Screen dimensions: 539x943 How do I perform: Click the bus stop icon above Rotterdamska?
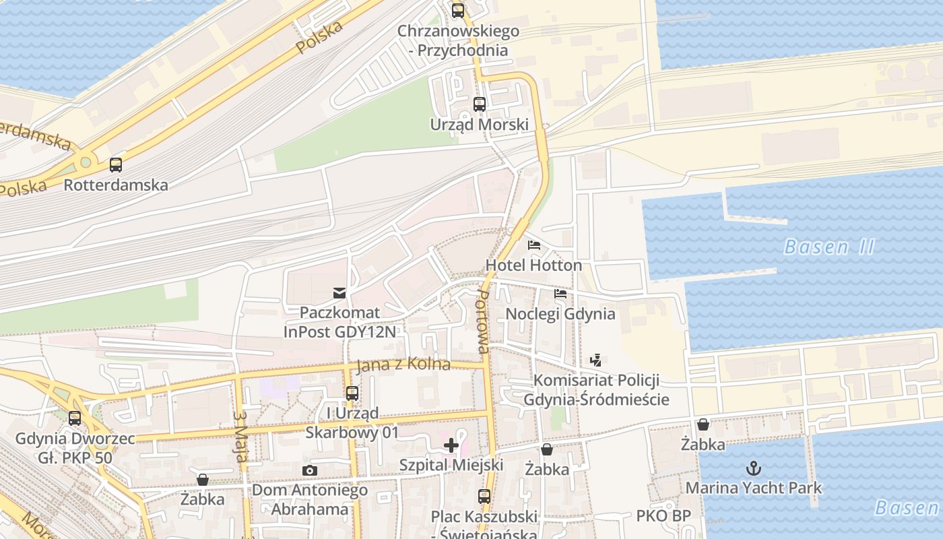[116, 164]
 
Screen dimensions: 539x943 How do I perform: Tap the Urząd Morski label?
[479, 125]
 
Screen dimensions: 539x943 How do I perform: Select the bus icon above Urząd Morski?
[479, 104]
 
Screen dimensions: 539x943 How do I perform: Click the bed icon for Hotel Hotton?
[534, 245]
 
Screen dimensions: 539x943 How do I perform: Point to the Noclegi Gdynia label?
[560, 313]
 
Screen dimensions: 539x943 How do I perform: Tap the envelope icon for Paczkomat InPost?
[339, 292]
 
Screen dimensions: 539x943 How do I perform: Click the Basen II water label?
[829, 247]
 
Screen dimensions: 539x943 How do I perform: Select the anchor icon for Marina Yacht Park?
[754, 467]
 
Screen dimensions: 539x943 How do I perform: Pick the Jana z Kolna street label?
[403, 364]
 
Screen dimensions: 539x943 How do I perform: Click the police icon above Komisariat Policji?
[595, 360]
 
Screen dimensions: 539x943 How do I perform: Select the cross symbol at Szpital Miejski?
[451, 445]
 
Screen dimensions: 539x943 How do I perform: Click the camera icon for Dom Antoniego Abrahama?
[310, 470]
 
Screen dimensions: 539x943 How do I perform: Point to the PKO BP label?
[663, 516]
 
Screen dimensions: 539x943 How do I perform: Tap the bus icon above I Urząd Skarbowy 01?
[352, 393]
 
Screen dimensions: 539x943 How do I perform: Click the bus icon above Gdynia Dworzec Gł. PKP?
[75, 418]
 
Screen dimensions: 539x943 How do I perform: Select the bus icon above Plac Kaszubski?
[484, 497]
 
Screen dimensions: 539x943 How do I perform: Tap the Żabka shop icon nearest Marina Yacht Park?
[703, 424]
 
